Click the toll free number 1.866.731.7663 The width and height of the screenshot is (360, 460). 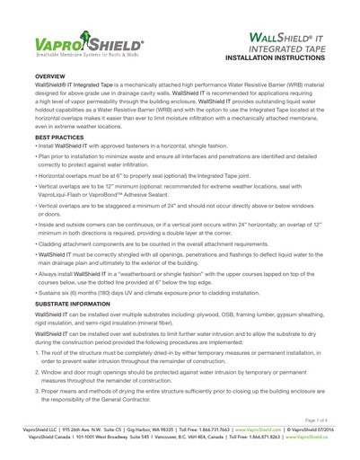pyautogui.click(x=206, y=430)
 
